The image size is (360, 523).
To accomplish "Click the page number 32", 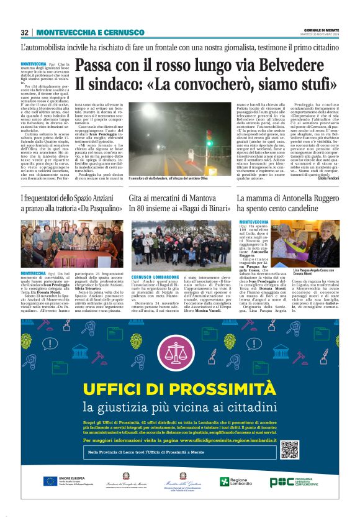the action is click(x=25, y=32).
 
